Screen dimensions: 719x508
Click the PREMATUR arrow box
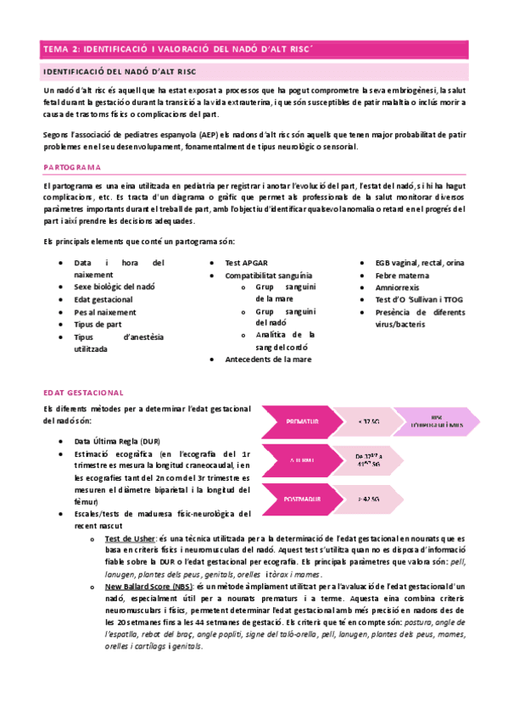(x=301, y=421)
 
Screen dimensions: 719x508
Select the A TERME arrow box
(x=301, y=460)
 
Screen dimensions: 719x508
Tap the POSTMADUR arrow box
(x=301, y=499)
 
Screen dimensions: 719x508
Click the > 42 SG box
(x=369, y=499)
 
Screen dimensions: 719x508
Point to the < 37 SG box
(x=369, y=421)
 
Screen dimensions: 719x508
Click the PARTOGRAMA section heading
(x=72, y=167)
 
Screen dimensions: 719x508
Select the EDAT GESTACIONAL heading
(x=83, y=393)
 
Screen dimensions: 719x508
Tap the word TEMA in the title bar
(x=56, y=50)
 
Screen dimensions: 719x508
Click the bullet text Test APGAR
(x=246, y=263)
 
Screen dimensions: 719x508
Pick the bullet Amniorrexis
(x=399, y=288)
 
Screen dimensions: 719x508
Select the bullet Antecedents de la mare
(x=268, y=359)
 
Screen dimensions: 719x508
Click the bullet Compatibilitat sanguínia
(x=269, y=276)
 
